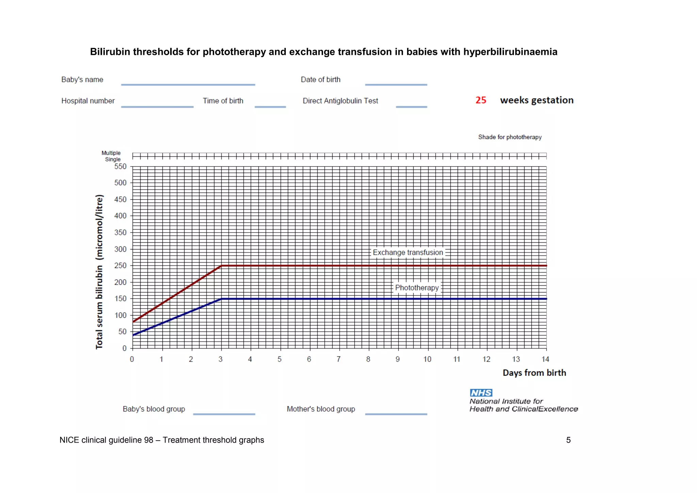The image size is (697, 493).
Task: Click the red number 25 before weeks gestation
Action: coord(481,100)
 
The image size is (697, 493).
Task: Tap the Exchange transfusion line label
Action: coord(408,252)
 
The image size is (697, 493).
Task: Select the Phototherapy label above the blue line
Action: coord(417,288)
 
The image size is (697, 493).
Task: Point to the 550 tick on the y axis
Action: coord(120,166)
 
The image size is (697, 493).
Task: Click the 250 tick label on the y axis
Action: coord(120,266)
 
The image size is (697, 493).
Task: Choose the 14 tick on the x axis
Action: coord(545,359)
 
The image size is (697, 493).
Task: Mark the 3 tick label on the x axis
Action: coord(221,359)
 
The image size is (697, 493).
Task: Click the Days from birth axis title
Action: coord(534,373)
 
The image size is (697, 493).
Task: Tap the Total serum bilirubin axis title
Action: coord(99,272)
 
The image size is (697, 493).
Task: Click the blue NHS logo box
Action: coord(481,393)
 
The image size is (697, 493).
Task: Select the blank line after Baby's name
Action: coord(188,84)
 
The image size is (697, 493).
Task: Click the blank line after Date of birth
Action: coord(396,84)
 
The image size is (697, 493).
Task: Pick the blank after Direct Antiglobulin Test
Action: coord(411,106)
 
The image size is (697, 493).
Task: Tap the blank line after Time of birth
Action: coord(270,106)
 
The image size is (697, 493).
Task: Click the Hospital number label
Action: coord(88,101)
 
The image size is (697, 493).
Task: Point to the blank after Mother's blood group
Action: coord(396,414)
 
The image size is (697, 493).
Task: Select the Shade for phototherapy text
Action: coord(509,137)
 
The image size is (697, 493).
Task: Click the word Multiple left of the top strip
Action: coord(111,153)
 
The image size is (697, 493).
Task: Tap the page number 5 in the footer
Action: coord(568,440)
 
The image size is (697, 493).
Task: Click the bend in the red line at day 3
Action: coord(222,266)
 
